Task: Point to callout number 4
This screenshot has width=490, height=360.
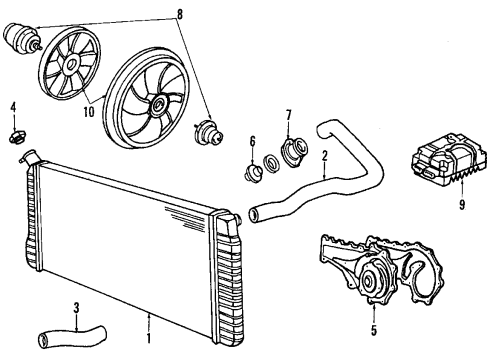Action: click(13, 107)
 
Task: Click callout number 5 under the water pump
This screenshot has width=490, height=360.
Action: click(374, 323)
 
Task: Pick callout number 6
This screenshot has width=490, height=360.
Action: click(253, 142)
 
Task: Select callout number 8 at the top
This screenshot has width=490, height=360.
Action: click(179, 14)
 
